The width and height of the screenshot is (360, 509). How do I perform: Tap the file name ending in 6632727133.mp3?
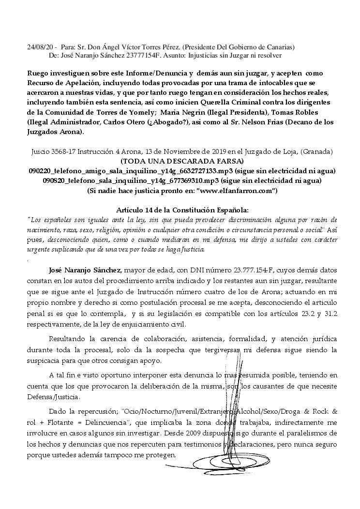click(x=124, y=171)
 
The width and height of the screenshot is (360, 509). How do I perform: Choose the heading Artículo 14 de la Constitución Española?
click(x=182, y=210)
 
